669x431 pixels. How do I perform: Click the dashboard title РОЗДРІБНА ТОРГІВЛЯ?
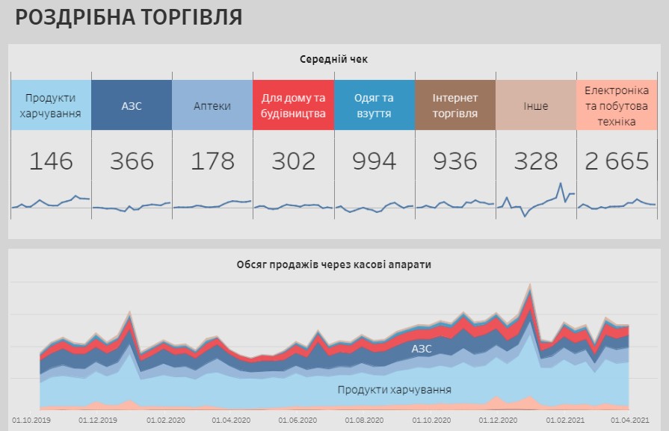(x=129, y=18)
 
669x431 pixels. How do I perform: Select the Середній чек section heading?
(x=334, y=59)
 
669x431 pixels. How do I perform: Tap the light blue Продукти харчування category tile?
(x=51, y=105)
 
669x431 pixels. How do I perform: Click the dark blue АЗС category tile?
(x=132, y=105)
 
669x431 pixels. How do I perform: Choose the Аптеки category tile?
(x=212, y=105)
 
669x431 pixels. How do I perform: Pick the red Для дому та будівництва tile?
(x=293, y=105)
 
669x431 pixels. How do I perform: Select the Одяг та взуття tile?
(x=374, y=105)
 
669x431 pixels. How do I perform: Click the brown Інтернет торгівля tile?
(x=454, y=105)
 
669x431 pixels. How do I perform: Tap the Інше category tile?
(x=535, y=105)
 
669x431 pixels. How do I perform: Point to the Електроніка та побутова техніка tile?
(x=617, y=105)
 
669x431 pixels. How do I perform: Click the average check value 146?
(x=51, y=161)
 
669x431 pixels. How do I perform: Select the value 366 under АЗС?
(x=132, y=161)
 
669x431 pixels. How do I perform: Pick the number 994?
(x=374, y=161)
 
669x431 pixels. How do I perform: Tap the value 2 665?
(x=617, y=161)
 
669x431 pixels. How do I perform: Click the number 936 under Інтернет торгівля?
(x=454, y=161)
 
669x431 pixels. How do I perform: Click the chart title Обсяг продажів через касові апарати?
(x=333, y=264)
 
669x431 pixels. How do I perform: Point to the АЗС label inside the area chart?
(x=422, y=348)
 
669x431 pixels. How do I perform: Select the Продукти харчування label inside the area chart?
(x=394, y=390)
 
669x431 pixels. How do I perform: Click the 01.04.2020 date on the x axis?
(x=232, y=421)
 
